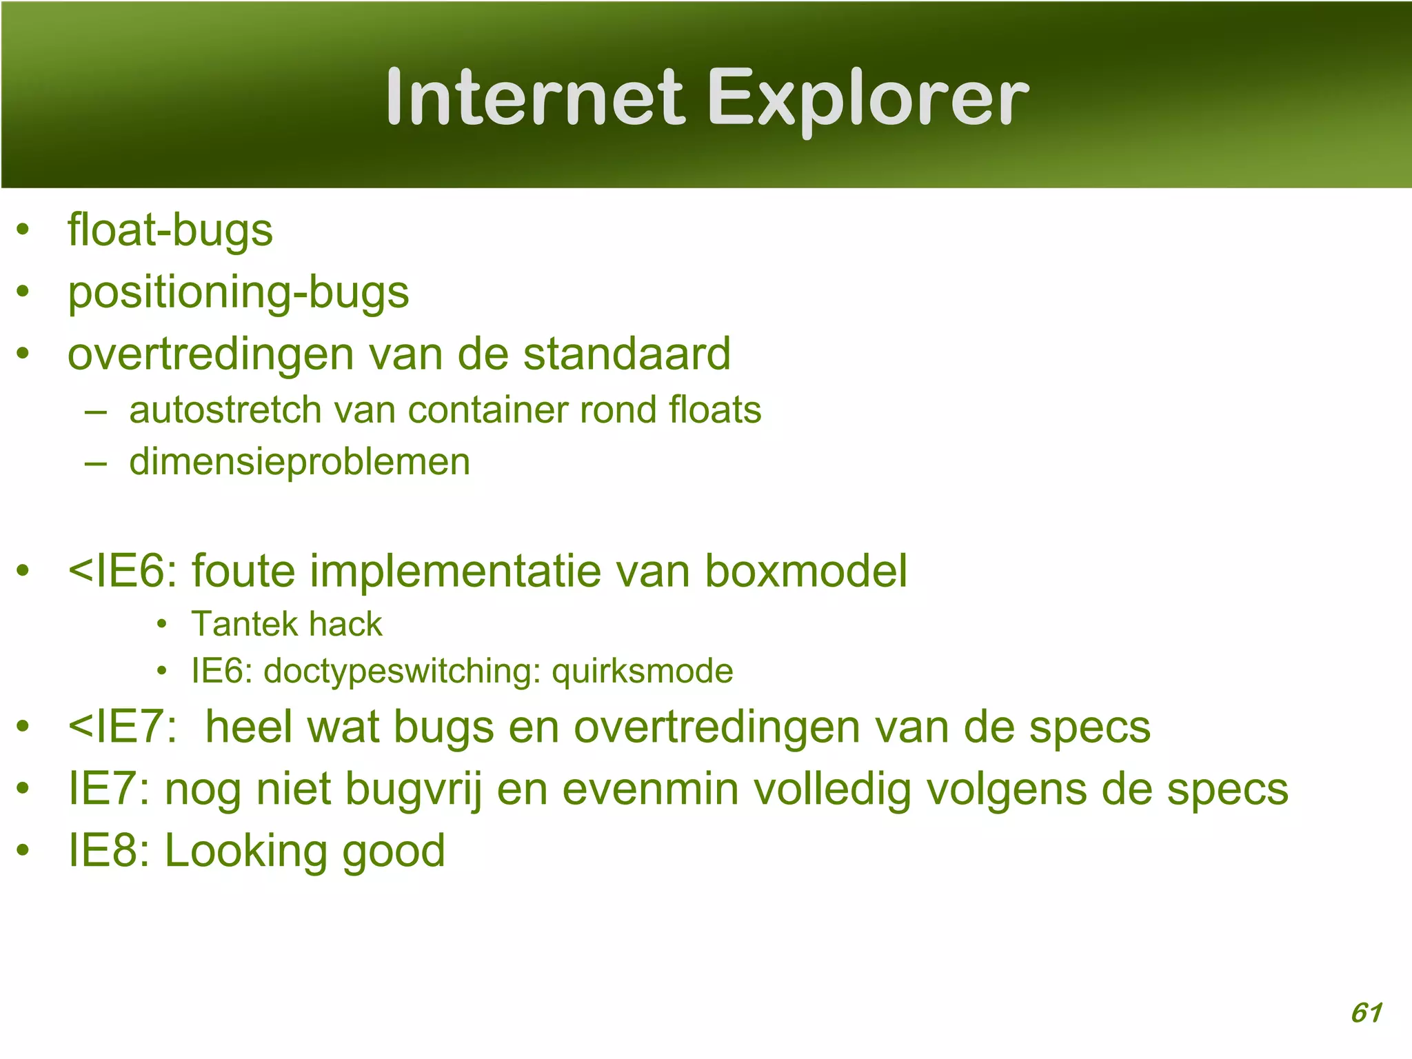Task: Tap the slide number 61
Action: click(1366, 1013)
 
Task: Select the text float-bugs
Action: click(170, 231)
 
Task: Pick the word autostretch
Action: click(225, 410)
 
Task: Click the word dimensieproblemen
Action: click(299, 462)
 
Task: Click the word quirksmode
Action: click(642, 672)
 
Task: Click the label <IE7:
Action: click(123, 727)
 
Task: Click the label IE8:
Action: click(109, 851)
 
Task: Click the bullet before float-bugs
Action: click(23, 230)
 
